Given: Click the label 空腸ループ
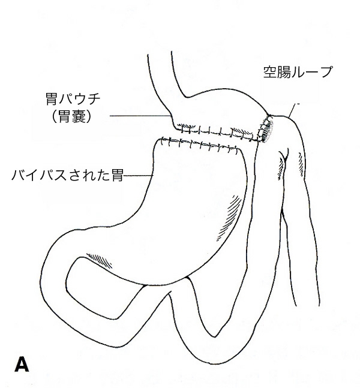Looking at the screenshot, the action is pos(297,72).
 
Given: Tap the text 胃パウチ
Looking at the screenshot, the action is pos(73,99).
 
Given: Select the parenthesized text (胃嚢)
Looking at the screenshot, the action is pos(72,116).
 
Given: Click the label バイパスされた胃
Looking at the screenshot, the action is pos(67,175).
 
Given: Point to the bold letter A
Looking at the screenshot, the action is pos(22,364).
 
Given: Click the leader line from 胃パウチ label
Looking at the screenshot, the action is pos(140,116).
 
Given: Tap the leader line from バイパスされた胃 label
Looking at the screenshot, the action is pos(138,176).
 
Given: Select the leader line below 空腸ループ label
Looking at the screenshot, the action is pos(292,110).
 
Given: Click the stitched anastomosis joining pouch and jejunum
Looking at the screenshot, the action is pos(265,129).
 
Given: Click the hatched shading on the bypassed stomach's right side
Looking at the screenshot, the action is pos(229,218).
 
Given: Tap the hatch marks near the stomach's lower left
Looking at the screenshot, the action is pos(99,260).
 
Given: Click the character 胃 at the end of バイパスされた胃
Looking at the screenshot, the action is pos(118,175).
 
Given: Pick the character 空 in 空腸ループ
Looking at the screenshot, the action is pos(269,72).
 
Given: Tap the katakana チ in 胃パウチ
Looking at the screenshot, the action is pos(94,99).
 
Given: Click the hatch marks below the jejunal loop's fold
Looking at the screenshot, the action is pos(281,169).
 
